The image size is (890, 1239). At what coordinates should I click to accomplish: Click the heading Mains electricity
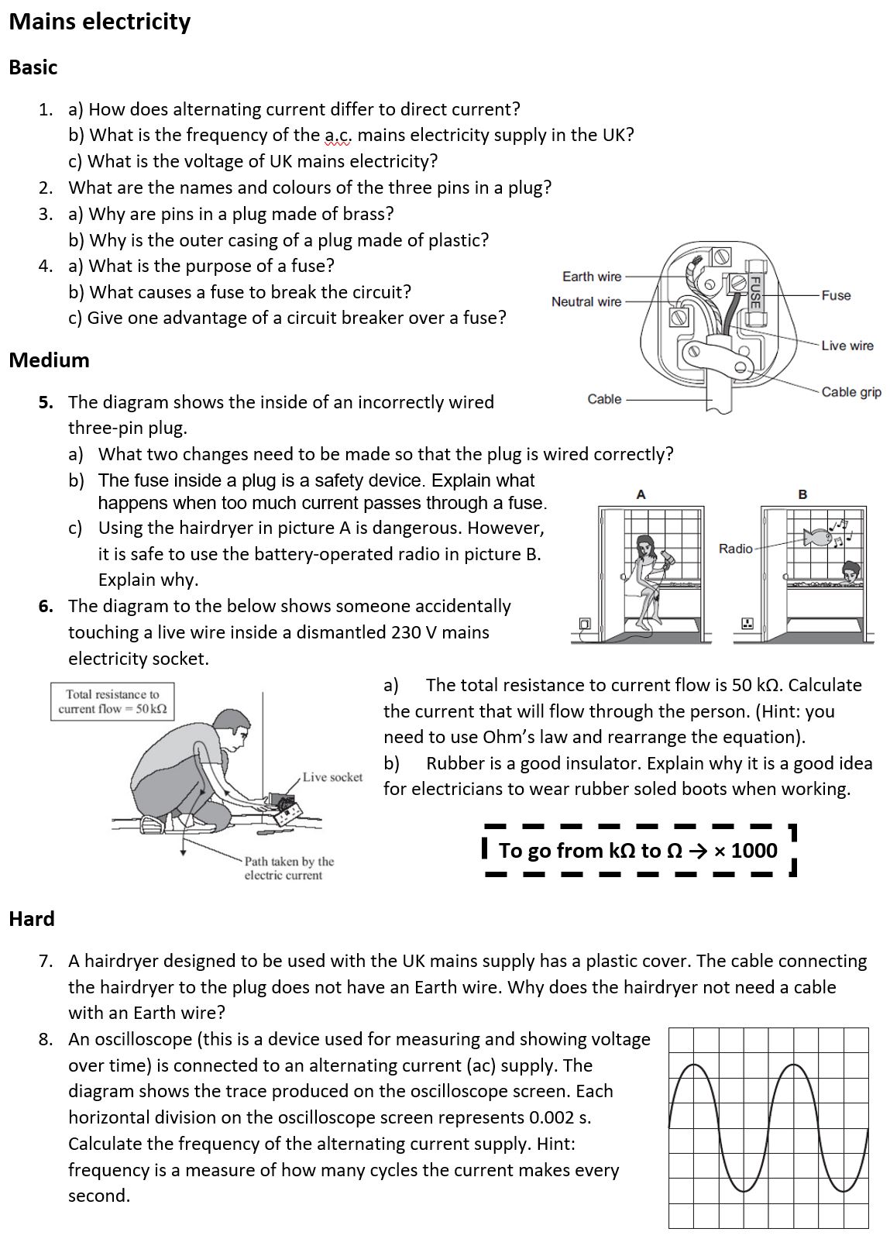point(99,22)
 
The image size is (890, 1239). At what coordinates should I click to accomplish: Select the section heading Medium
point(49,360)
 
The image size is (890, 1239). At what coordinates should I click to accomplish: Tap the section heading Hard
point(32,919)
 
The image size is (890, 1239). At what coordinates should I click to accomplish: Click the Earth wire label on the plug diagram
point(592,277)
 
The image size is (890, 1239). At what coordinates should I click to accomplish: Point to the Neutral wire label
point(586,301)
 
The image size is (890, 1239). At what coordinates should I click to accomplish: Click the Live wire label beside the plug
point(847,346)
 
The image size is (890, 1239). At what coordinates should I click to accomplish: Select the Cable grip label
point(851,392)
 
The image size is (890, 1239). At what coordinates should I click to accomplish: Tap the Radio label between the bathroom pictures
point(735,549)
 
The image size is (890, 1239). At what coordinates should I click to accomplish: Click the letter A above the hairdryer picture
point(641,494)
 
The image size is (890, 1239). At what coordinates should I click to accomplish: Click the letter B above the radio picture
point(802,494)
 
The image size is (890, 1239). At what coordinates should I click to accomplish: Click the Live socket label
point(332,777)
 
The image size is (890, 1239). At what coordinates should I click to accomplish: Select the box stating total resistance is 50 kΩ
point(112,701)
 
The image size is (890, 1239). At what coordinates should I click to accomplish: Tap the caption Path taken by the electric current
point(288,869)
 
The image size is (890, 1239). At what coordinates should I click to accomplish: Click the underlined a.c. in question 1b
point(337,136)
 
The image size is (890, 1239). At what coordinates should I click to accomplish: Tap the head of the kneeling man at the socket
point(229,726)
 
